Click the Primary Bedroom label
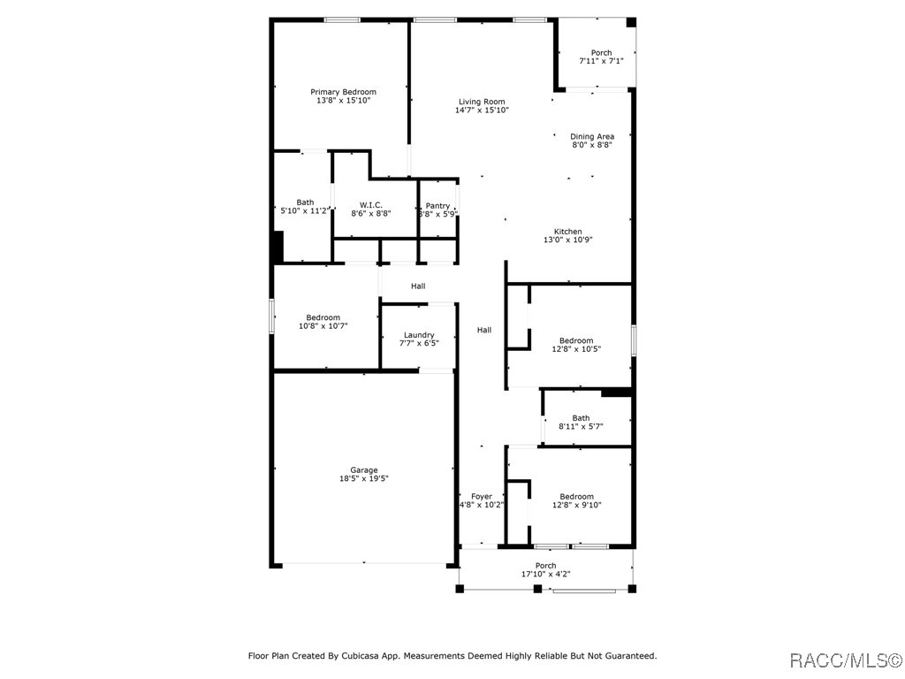(343, 92)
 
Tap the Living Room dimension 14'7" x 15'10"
(482, 111)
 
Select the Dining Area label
(592, 136)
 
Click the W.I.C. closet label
(370, 205)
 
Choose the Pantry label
(438, 206)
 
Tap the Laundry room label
(419, 335)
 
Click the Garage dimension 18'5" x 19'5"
(364, 478)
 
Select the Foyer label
(482, 497)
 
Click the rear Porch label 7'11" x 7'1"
(601, 53)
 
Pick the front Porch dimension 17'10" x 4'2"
(546, 574)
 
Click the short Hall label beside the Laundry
(418, 286)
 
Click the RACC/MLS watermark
(845, 660)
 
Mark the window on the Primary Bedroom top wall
(342, 19)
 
